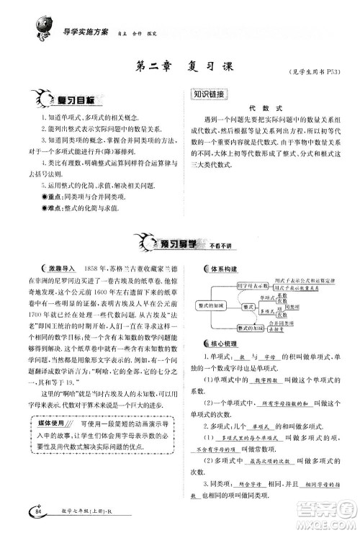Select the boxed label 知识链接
click(x=210, y=94)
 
